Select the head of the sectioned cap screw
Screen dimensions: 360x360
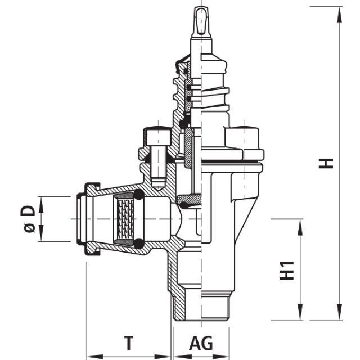tap(157, 136)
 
